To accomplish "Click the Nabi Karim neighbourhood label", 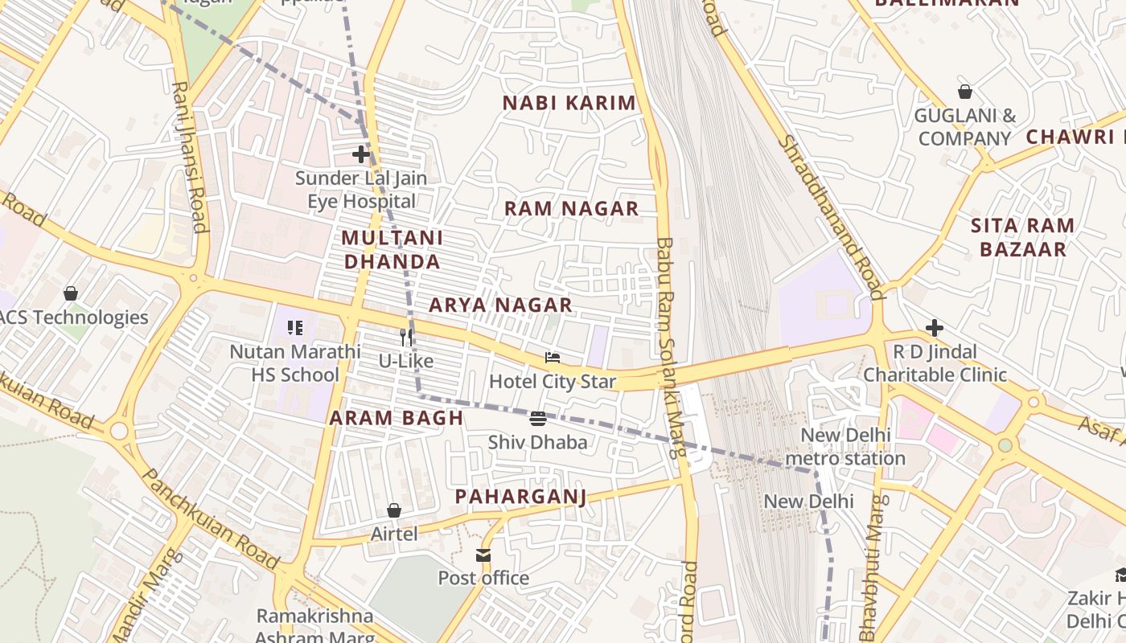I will click(569, 103).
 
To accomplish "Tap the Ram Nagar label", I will click(571, 209).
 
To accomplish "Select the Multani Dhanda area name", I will click(392, 250).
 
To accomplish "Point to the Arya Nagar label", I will click(500, 305).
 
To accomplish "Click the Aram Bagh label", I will click(397, 418).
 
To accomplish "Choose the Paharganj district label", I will click(520, 497).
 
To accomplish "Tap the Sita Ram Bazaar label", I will click(1022, 237).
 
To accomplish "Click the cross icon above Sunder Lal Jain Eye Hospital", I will click(361, 154).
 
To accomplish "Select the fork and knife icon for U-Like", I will click(406, 337).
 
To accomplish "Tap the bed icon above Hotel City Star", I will click(553, 357).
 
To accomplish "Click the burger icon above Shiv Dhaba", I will click(538, 418).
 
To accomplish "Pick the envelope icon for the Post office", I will click(483, 555).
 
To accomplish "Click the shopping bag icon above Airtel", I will click(394, 510).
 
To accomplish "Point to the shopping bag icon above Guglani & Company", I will click(964, 92).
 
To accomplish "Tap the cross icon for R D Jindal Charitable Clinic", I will click(934, 328).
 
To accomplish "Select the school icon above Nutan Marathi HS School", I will click(295, 328).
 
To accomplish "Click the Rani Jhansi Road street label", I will click(191, 157).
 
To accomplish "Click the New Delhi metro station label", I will click(845, 447).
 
